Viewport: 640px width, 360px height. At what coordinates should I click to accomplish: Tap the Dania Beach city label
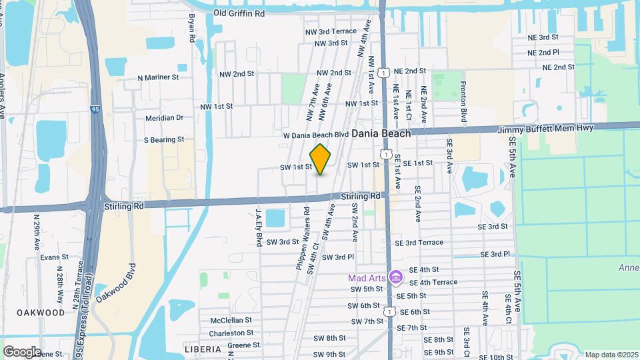[379, 133]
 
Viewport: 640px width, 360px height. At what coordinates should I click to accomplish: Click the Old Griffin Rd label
[239, 13]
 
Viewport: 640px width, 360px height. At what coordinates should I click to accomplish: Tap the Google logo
[22, 351]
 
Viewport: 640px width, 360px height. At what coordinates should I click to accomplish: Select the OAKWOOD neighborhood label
[41, 312]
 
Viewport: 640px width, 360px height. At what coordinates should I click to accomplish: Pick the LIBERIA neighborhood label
[202, 349]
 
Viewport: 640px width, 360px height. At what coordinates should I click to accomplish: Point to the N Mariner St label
[158, 77]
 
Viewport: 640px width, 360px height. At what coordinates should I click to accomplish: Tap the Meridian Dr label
[164, 118]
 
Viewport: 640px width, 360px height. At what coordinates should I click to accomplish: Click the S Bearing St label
[163, 140]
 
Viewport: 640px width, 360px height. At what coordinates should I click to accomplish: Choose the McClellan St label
[231, 320]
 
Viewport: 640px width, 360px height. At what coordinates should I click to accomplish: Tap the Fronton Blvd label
[463, 101]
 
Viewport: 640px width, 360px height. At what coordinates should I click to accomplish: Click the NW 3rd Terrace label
[337, 31]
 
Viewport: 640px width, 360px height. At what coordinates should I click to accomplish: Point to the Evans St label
[54, 257]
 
